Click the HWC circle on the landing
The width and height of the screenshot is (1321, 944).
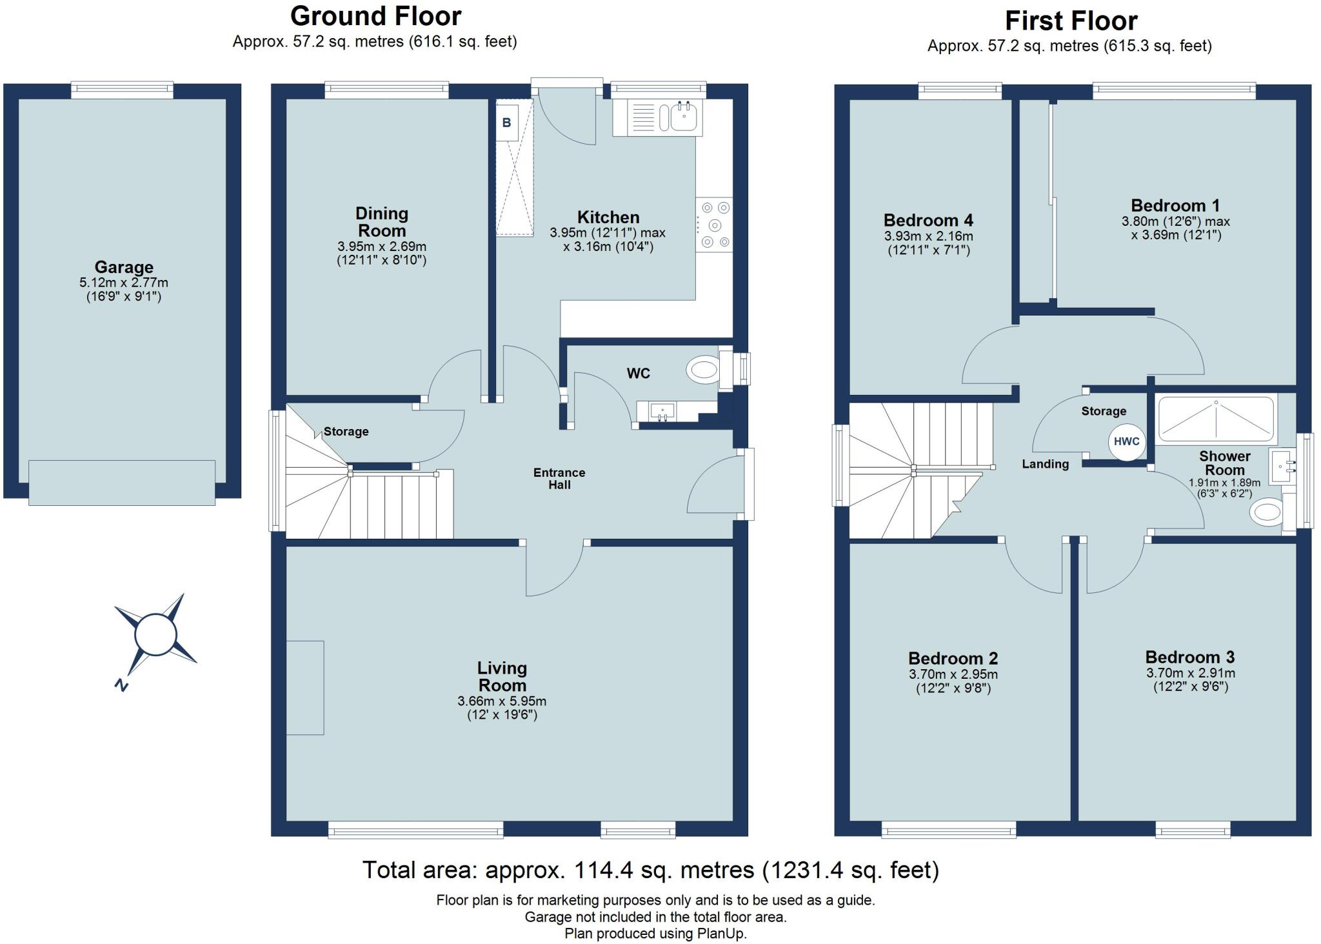click(x=1126, y=442)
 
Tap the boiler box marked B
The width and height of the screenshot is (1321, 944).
click(x=506, y=123)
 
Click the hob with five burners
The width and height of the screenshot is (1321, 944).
click(x=714, y=225)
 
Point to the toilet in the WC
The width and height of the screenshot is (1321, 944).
click(x=703, y=370)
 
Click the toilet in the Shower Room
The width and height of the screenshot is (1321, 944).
click(x=1266, y=513)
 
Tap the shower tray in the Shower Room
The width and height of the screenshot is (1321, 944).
click(x=1217, y=419)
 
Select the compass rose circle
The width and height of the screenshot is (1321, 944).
click(x=155, y=635)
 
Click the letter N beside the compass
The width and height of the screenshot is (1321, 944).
click(x=121, y=685)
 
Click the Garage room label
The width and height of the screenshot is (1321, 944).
click(x=124, y=267)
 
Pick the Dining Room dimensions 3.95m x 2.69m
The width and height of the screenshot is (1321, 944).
click(x=382, y=247)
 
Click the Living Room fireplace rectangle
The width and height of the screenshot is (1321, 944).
click(x=304, y=687)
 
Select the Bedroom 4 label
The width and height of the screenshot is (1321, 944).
click(x=928, y=221)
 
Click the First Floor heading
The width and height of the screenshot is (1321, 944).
click(x=1071, y=21)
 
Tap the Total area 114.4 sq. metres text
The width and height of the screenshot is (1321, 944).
click(x=650, y=870)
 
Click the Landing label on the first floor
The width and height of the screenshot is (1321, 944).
click(x=1045, y=464)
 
